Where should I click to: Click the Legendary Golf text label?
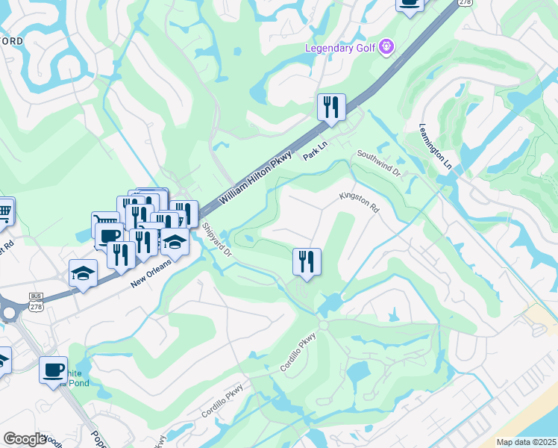coord(341,49)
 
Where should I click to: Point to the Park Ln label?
coord(315,151)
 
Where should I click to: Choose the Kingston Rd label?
coord(359,202)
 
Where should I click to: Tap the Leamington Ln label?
coord(436,144)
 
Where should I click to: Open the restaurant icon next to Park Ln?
coord(330,107)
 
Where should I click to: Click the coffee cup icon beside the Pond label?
coord(52,370)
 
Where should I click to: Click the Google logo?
coord(25,439)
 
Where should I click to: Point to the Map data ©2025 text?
coord(526,442)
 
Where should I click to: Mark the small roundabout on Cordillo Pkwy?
coord(323,326)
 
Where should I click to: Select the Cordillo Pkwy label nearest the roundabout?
coord(298,352)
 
